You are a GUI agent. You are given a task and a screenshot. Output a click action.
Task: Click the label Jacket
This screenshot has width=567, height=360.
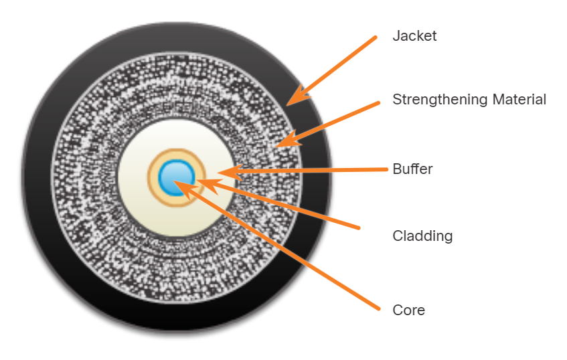tap(414, 36)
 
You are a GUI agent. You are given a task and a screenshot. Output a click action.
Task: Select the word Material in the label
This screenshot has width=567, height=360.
tap(519, 100)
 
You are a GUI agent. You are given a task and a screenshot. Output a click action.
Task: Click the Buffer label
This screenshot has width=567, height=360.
tap(412, 169)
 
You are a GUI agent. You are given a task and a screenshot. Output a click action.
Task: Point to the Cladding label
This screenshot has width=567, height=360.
tap(422, 236)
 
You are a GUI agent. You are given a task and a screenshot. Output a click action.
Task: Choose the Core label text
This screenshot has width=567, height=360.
tap(408, 310)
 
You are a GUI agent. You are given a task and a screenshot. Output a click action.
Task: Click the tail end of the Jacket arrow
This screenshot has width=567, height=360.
tap(376, 38)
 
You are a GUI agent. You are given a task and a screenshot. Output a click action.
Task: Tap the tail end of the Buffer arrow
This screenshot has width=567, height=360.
tap(386, 169)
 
